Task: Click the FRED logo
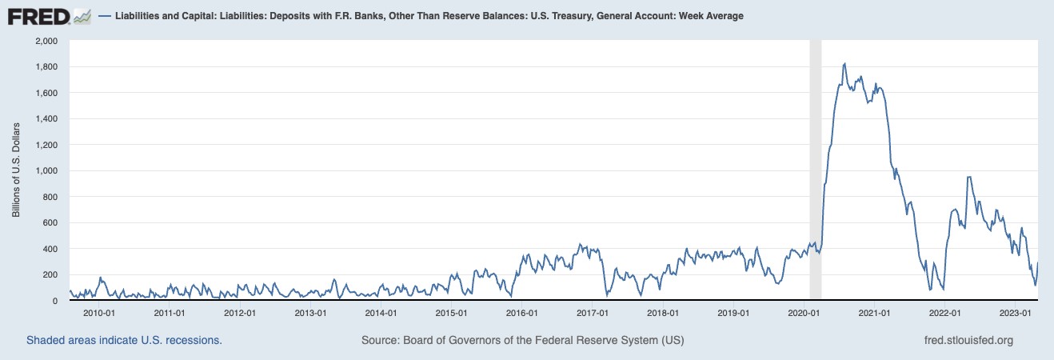click(49, 15)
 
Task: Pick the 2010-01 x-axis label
click(100, 313)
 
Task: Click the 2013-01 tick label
click(310, 313)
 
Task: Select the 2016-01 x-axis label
click(521, 313)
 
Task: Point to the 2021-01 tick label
click(874, 313)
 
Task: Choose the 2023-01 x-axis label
click(1015, 313)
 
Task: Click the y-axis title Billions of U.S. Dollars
click(16, 170)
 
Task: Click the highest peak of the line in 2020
click(845, 63)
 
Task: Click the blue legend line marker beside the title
click(104, 15)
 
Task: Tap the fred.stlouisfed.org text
click(968, 340)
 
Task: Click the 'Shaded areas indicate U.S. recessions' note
click(124, 340)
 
